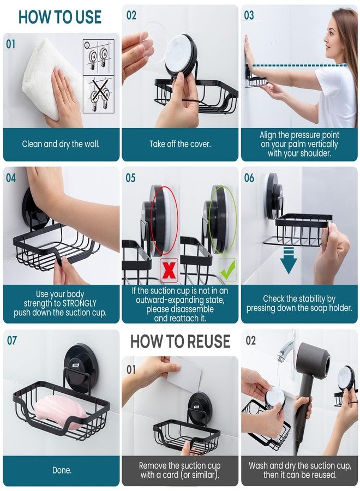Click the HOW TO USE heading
(60, 17)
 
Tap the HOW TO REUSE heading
(180, 342)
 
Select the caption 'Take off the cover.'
(180, 145)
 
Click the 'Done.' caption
(61, 470)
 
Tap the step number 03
(249, 16)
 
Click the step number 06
(249, 178)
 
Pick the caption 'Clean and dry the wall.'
(61, 145)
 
